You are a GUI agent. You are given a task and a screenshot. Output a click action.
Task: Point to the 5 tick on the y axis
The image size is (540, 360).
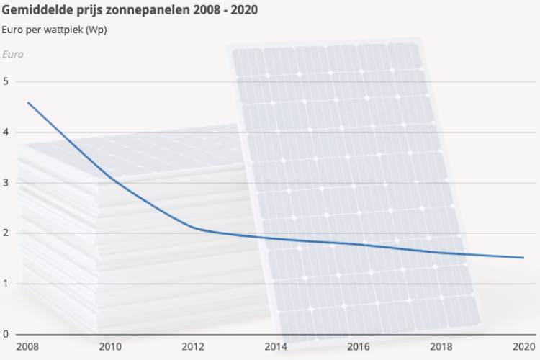(x=6, y=81)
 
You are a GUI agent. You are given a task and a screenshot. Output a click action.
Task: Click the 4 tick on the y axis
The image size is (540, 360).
(x=6, y=132)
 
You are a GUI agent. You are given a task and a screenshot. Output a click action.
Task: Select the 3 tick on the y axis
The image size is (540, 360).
(x=6, y=183)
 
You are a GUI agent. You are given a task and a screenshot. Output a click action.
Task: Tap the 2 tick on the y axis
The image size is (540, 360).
(x=6, y=233)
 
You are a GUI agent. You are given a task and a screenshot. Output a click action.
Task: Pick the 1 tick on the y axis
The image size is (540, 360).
(x=6, y=284)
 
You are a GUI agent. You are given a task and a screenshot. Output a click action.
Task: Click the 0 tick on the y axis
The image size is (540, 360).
(x=6, y=334)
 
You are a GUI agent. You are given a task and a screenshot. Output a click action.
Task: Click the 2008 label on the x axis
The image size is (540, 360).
(x=27, y=347)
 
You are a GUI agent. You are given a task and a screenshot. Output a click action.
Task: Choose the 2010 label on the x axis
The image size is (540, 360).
(x=110, y=347)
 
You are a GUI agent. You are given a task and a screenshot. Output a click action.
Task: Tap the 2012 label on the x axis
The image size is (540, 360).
(x=193, y=347)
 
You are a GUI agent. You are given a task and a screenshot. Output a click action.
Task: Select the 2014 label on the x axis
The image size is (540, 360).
(x=276, y=347)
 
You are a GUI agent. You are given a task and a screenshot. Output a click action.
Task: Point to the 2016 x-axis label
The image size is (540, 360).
(x=359, y=347)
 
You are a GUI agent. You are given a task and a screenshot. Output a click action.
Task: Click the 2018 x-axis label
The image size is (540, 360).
(x=441, y=347)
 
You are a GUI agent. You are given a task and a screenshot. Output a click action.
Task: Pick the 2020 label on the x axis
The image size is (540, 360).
(x=523, y=347)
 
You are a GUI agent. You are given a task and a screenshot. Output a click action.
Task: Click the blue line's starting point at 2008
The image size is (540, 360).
(x=28, y=102)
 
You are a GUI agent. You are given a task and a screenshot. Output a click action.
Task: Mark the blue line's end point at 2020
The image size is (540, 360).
(x=523, y=258)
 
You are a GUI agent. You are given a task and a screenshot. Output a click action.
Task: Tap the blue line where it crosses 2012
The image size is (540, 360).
(x=193, y=228)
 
